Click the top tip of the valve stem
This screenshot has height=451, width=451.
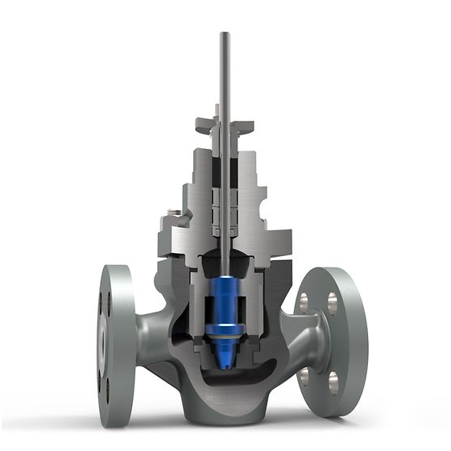(x=225, y=35)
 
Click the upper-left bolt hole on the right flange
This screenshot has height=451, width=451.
(x=304, y=302)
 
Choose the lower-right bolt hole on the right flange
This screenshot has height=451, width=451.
(x=333, y=379)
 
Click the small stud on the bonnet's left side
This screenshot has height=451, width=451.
(x=172, y=213)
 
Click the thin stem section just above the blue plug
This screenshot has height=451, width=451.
(x=225, y=262)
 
